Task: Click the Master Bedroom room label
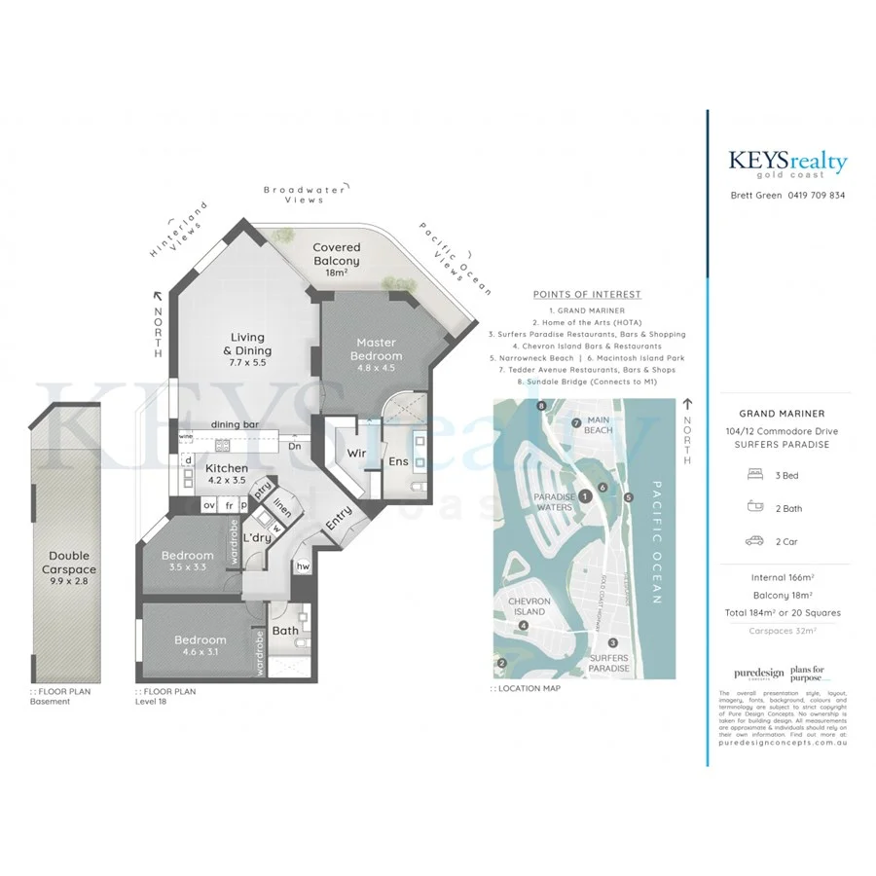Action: pyautogui.click(x=376, y=349)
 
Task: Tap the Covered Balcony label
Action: pyautogui.click(x=336, y=254)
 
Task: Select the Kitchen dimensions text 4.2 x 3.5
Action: pyautogui.click(x=226, y=480)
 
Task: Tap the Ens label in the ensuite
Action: pyautogui.click(x=399, y=461)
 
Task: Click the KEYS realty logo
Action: pyautogui.click(x=787, y=164)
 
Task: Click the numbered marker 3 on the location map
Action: pyautogui.click(x=613, y=642)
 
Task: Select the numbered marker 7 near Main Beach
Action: pyautogui.click(x=576, y=422)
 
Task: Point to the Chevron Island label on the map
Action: pyautogui.click(x=529, y=606)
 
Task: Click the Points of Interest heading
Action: pyautogui.click(x=587, y=294)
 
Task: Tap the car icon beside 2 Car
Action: pyautogui.click(x=753, y=540)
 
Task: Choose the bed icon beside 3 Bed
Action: pyautogui.click(x=753, y=475)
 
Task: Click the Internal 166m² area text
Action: pyautogui.click(x=784, y=577)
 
